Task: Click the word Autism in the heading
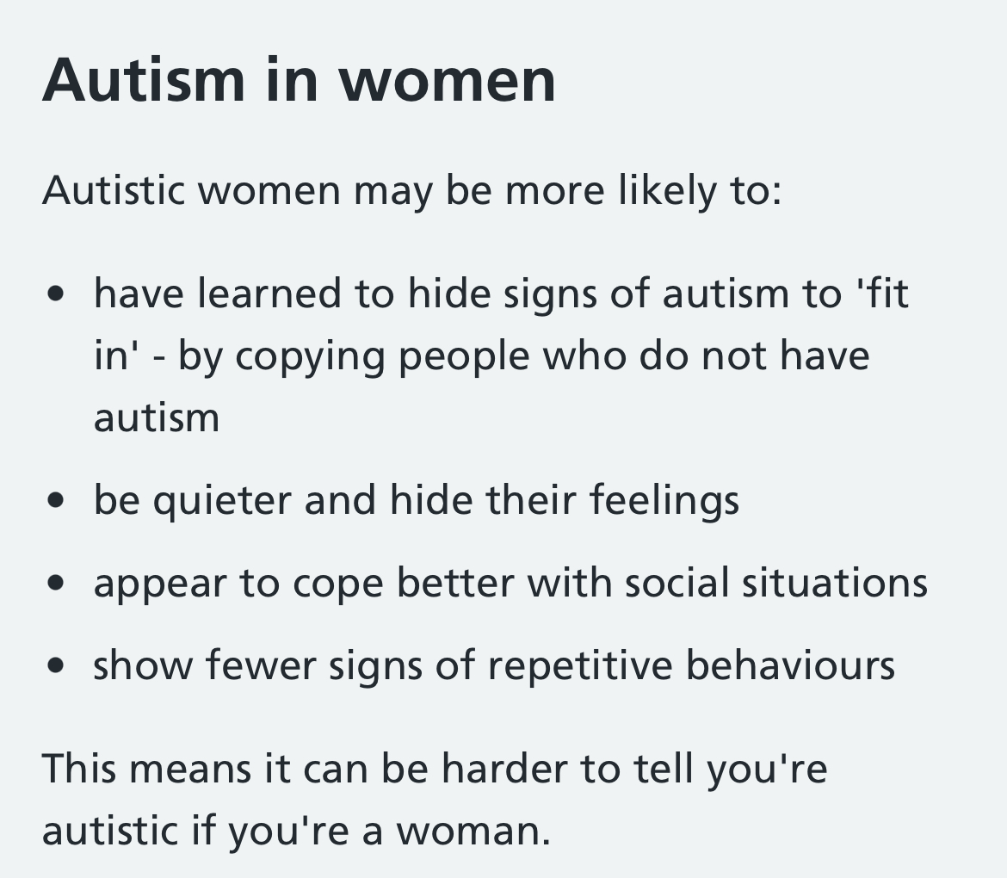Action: pos(144,80)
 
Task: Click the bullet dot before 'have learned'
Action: pos(57,294)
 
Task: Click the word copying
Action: pos(310,356)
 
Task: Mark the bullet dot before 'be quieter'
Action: pos(57,500)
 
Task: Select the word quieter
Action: pos(221,500)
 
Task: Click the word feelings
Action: pos(664,500)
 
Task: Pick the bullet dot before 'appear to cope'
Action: pos(57,583)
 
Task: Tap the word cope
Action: pos(337,584)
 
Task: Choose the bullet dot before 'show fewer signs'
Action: pos(57,665)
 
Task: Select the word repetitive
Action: pos(581,665)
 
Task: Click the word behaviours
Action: pos(791,665)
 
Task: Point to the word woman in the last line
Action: pos(473,832)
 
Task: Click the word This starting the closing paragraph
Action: pos(79,768)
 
